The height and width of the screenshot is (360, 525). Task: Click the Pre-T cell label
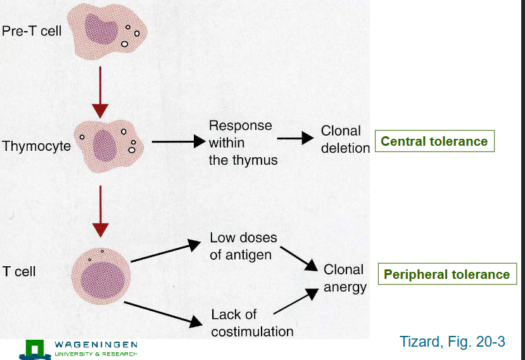point(32,30)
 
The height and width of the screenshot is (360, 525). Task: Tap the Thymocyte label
point(35,146)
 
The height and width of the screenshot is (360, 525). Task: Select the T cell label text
point(19,271)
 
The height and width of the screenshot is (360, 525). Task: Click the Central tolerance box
point(434,141)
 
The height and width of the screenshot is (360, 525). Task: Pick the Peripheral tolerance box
point(446,274)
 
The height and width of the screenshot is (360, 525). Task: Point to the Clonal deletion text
point(345,139)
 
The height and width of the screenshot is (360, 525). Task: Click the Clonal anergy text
point(345,278)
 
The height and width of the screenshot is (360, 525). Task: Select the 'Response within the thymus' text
point(243,143)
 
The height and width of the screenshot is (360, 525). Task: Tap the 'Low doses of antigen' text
point(243,247)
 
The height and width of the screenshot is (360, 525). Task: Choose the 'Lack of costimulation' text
point(251,323)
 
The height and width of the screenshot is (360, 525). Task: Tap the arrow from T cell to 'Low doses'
point(165,252)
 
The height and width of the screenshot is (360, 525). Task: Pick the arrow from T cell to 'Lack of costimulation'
point(161,314)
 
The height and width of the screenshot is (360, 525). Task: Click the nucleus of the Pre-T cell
point(101,29)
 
